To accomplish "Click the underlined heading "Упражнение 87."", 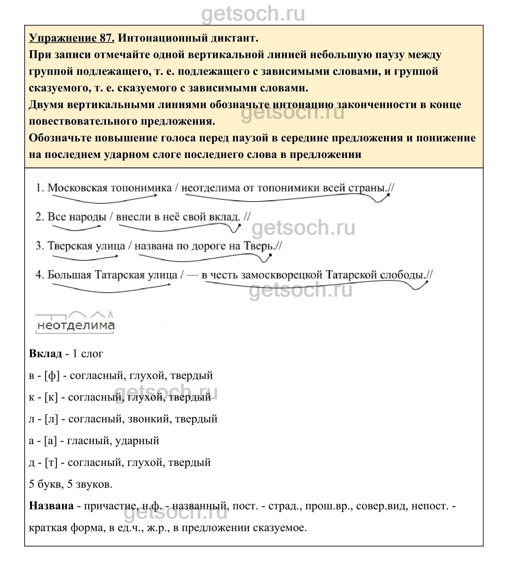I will point(72,38).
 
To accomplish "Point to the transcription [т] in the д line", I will point(51,463).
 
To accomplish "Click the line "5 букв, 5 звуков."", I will point(71,484).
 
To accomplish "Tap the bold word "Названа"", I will point(51,506).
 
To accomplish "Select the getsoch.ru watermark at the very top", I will point(253,14).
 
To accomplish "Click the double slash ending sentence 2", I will point(247,217).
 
